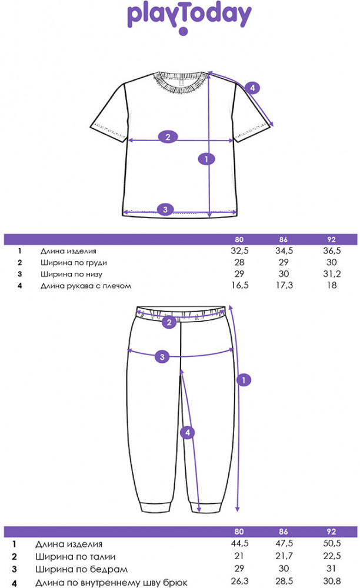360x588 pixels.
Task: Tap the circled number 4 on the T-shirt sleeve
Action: (x=252, y=88)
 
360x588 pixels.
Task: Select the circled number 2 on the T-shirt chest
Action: (x=168, y=137)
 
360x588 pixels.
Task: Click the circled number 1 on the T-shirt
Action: (x=206, y=159)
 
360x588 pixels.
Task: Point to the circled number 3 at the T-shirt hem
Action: (x=165, y=209)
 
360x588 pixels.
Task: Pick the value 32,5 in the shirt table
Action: (x=239, y=251)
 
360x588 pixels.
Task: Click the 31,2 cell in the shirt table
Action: (x=332, y=274)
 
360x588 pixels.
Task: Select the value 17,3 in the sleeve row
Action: (x=284, y=285)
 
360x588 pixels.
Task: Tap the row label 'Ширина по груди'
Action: (x=74, y=262)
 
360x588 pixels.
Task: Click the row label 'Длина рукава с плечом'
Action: (x=86, y=286)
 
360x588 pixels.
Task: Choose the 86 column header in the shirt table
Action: (x=284, y=240)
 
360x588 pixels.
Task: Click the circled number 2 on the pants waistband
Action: (x=169, y=322)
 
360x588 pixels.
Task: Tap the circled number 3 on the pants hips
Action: (x=162, y=357)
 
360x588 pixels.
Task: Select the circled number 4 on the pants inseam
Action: (x=188, y=433)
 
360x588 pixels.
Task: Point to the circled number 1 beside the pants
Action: (x=244, y=380)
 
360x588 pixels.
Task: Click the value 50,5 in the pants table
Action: (x=332, y=543)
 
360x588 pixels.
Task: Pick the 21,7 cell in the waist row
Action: (x=284, y=556)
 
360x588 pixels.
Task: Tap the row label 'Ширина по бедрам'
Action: (x=81, y=569)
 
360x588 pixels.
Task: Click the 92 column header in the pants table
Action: (x=332, y=532)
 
